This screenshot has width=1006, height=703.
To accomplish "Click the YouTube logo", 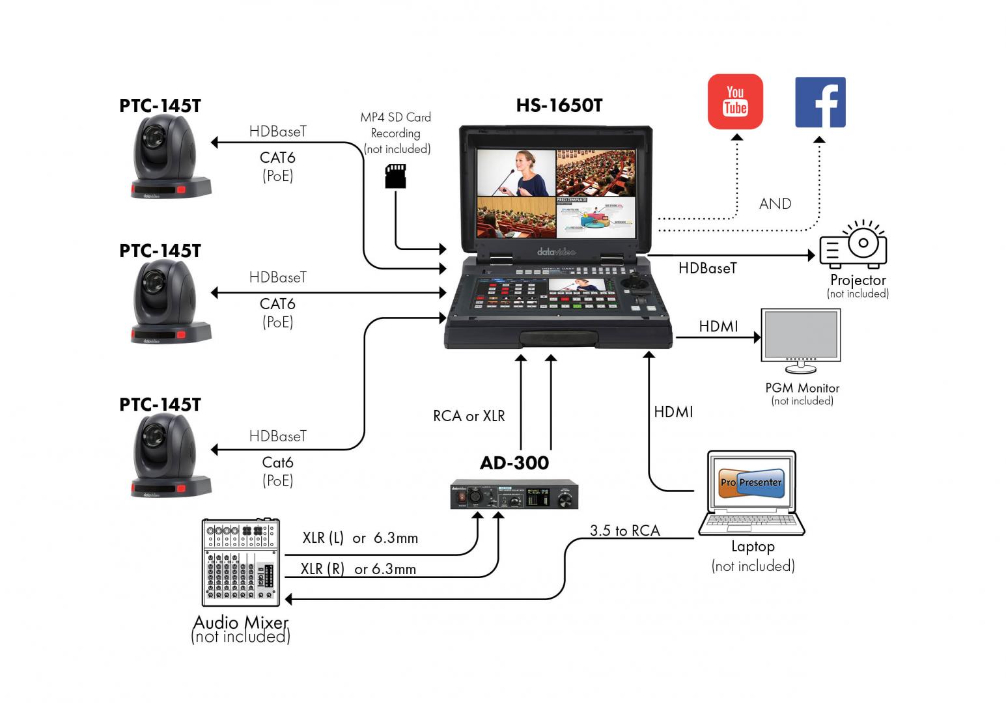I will tap(735, 102).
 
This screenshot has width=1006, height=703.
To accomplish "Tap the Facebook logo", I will tap(820, 102).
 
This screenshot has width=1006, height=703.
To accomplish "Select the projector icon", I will tap(854, 245).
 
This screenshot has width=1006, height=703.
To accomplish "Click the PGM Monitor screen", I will tap(800, 334).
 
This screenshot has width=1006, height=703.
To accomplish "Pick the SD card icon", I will tap(395, 176).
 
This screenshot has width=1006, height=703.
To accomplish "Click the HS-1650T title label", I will tap(559, 105).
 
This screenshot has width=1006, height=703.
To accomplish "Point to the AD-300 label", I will tap(514, 463).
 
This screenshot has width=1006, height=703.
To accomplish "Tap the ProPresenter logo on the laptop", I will tap(751, 482).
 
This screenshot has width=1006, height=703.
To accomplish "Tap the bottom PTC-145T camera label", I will tap(160, 405).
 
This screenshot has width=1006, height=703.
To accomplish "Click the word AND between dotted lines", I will tap(775, 204).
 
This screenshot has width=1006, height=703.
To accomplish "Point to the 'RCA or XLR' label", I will tap(469, 416).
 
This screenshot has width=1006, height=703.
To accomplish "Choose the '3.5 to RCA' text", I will tap(624, 531).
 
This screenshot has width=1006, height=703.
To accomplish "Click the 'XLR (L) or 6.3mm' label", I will tap(360, 538).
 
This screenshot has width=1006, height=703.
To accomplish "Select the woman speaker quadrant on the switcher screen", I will tap(516, 172).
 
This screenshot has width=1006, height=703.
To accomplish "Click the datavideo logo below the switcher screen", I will tap(555, 252).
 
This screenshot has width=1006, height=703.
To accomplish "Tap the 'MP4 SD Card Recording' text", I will tap(396, 133).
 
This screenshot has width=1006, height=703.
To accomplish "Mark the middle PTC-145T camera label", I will tap(160, 251).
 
